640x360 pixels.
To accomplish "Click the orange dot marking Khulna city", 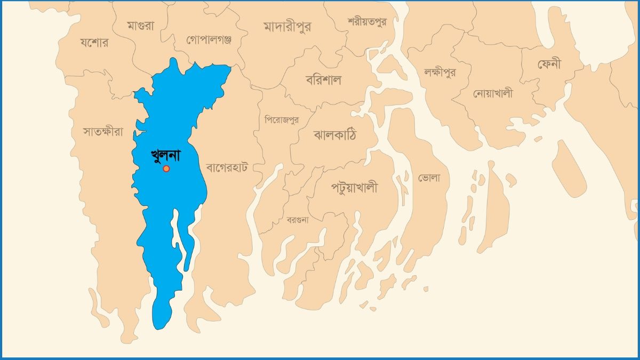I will coord(166,169).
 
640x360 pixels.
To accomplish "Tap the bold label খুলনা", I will coord(166,156).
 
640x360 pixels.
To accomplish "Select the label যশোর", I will coord(94,43).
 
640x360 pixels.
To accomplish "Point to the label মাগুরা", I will coord(141,25).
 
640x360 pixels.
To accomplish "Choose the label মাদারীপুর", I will coord(287,26).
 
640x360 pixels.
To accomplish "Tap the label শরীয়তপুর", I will coord(366,22).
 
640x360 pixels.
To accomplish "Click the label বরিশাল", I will coord(323,80).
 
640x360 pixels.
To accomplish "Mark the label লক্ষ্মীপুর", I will coord(440,71).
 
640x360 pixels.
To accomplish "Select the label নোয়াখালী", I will coord(493,93).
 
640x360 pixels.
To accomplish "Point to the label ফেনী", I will coord(553,65).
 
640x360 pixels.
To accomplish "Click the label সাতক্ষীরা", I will coord(103,131).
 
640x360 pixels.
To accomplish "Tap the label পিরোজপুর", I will coord(282,119).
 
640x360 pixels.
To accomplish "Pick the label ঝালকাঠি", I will coord(335,135).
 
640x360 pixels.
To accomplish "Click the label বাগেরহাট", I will coord(227,167).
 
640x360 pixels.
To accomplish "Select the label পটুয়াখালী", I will coord(354,187).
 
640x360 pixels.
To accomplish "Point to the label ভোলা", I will coord(429,178).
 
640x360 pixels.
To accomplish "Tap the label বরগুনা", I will coord(298,219).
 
